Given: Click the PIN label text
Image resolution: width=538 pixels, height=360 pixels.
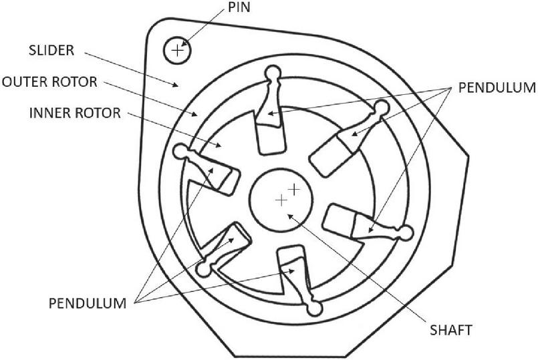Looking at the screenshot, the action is click(x=239, y=7).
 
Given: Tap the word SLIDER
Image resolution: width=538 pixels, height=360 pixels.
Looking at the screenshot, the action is click(x=51, y=50).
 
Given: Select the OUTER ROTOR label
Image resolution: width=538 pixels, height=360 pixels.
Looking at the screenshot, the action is click(x=49, y=82).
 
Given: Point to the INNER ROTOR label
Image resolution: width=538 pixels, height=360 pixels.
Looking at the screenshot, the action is click(x=75, y=113).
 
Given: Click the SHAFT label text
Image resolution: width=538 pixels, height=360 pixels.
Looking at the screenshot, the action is click(x=451, y=330).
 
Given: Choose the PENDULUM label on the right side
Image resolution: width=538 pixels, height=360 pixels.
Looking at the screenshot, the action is click(x=497, y=87).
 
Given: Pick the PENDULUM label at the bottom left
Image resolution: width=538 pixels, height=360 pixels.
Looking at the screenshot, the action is click(x=88, y=303).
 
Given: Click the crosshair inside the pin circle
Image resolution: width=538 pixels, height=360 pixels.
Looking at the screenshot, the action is click(x=177, y=51).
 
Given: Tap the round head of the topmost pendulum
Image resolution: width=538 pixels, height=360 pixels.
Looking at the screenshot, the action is click(x=274, y=73).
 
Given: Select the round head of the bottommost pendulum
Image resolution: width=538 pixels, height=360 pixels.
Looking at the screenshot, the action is click(x=314, y=308).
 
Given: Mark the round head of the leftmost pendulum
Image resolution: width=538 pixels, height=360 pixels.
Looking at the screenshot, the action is click(x=182, y=152).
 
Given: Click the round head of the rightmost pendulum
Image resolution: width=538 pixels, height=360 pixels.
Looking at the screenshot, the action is click(x=406, y=234).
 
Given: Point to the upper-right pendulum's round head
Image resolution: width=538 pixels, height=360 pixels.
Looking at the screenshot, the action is click(x=381, y=108).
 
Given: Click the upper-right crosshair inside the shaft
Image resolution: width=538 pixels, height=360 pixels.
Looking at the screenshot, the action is click(x=293, y=189).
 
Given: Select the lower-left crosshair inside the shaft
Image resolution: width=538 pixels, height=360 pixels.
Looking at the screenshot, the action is click(x=281, y=200).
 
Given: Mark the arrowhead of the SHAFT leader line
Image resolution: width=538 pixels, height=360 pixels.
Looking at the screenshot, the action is click(x=290, y=216).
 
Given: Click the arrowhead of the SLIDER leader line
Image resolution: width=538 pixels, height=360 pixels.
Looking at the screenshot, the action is click(x=176, y=85).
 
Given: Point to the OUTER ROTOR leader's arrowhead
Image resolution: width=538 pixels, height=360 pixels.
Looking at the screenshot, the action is click(x=195, y=114).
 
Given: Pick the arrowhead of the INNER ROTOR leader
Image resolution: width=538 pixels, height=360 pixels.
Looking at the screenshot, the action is click(x=219, y=145).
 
